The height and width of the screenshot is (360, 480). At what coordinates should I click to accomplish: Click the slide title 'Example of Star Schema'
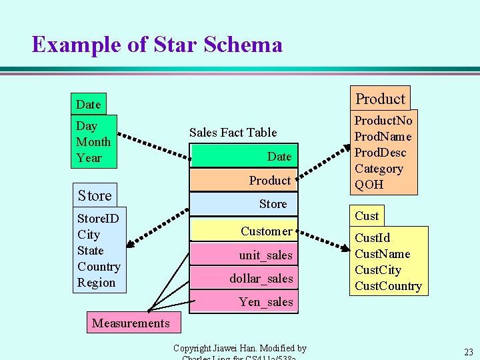[x=157, y=45]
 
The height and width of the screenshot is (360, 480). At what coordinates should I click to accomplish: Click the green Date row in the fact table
[x=244, y=157]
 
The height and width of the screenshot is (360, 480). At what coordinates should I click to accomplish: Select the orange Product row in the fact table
[x=244, y=180]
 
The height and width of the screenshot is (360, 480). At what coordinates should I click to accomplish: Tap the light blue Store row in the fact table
[x=244, y=204]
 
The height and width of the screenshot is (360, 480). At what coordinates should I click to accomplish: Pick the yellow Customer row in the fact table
[x=244, y=231]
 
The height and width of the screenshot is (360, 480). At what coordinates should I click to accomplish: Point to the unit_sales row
[x=244, y=255]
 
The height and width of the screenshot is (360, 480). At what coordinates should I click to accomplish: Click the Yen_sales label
[x=265, y=302]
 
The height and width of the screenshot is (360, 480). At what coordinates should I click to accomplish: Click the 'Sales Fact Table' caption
[x=233, y=132]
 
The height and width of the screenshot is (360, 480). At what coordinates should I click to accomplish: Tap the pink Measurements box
[x=131, y=323]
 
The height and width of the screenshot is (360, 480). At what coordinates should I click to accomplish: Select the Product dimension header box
[x=380, y=99]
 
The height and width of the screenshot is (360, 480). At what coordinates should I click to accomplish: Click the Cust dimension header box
[x=367, y=215]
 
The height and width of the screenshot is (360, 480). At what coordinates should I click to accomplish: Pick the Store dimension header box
[x=95, y=195]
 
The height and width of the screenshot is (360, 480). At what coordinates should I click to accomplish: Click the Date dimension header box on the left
[x=89, y=104]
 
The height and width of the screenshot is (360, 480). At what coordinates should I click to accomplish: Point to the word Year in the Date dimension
[x=89, y=158]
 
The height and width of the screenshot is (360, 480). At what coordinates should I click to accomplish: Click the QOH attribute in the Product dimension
[x=369, y=185]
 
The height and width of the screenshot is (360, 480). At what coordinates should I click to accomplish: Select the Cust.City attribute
[x=378, y=270]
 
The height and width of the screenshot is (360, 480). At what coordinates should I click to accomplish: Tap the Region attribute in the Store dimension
[x=97, y=283]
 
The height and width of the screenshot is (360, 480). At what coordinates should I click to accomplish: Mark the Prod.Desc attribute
[x=380, y=153]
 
